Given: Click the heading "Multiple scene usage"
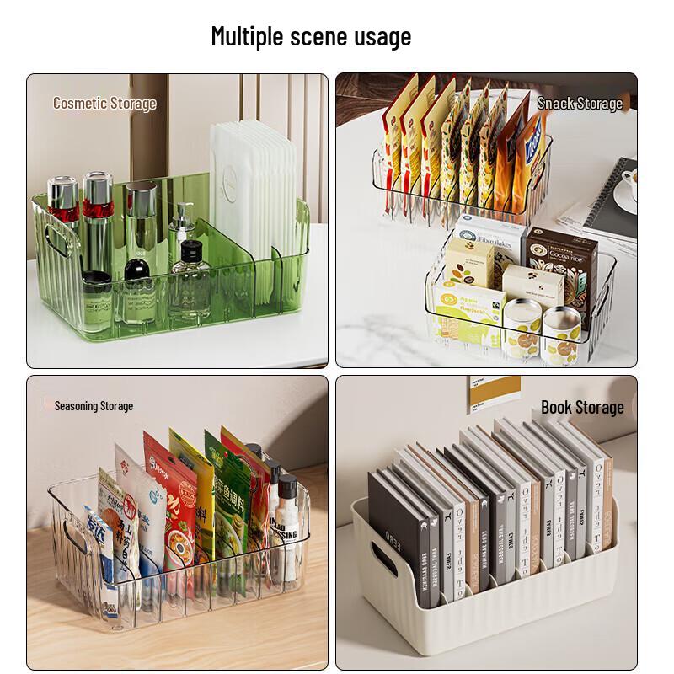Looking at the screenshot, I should (311, 37).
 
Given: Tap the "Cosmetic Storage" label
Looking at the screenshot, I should (104, 104).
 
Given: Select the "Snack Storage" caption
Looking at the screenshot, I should (580, 104).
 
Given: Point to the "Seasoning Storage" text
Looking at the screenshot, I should (94, 406).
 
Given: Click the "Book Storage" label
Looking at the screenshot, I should (582, 408).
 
